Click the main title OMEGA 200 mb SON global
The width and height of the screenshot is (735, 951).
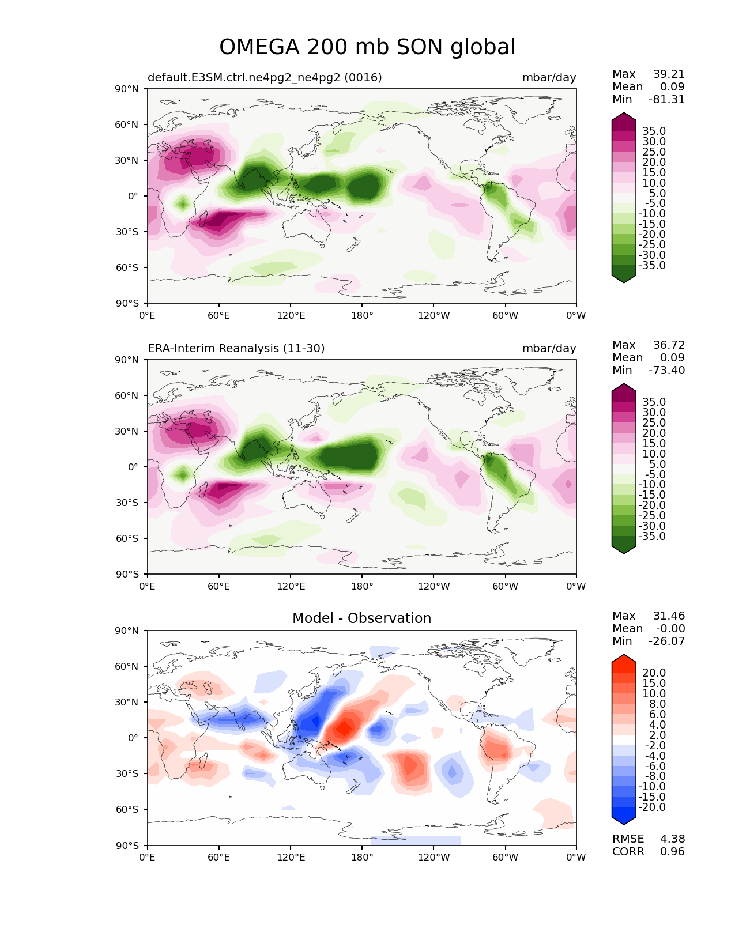point(367,47)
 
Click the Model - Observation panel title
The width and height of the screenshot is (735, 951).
point(361,618)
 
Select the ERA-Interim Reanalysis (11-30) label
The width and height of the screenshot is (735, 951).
point(236,349)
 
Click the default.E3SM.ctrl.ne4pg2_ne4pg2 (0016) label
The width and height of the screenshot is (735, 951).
point(265,78)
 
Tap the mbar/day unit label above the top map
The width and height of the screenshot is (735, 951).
point(549,78)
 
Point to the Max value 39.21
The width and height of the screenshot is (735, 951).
point(669,74)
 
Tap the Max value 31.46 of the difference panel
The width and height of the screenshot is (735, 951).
point(669,616)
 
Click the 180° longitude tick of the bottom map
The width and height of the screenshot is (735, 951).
point(362,858)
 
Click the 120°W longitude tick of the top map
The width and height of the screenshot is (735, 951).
point(434,316)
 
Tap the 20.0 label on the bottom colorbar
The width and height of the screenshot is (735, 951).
point(654,673)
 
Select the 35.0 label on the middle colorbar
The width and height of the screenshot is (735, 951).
point(654,402)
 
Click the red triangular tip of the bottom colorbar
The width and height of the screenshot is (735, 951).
point(624,659)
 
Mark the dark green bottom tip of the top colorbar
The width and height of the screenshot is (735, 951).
point(624,279)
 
